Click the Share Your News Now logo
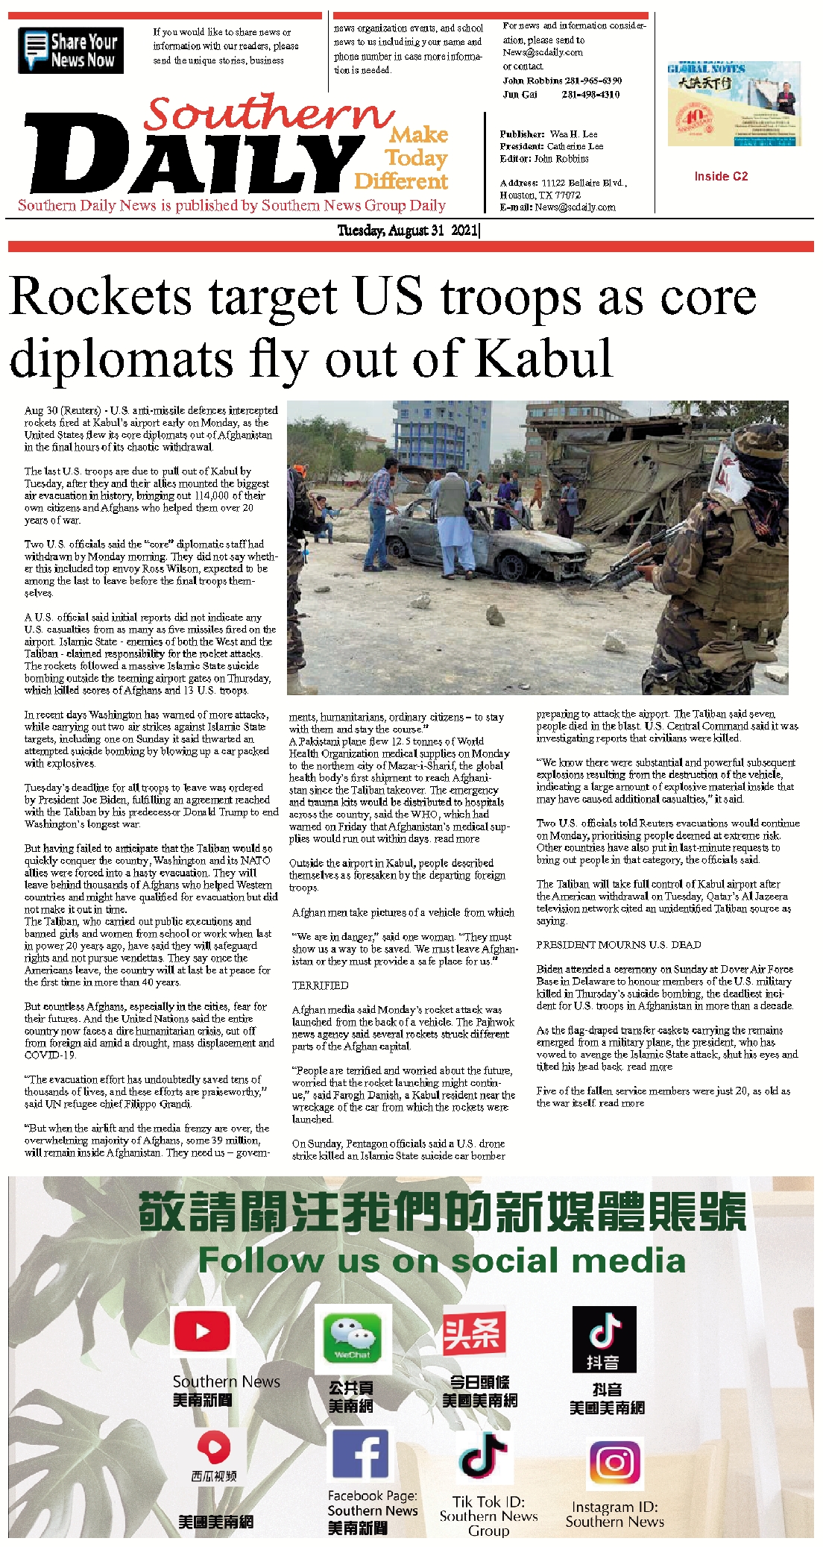[x=71, y=51]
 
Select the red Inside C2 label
[x=721, y=176]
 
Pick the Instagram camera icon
[x=615, y=1463]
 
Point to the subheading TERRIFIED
[x=320, y=985]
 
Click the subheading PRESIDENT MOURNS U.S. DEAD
[x=619, y=944]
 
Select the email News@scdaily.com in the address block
[x=575, y=207]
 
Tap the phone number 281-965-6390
[x=592, y=81]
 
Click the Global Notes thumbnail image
[x=734, y=104]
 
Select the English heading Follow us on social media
[x=441, y=1261]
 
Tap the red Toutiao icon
[x=474, y=1332]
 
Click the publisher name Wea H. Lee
[x=574, y=134]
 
